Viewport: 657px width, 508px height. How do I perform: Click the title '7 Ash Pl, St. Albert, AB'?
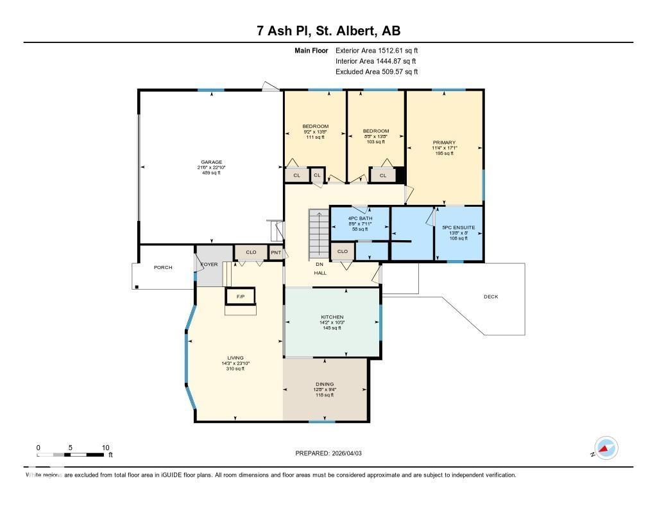point(328,31)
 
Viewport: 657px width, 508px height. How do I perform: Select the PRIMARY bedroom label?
point(444,143)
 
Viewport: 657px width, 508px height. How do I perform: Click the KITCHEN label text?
point(332,317)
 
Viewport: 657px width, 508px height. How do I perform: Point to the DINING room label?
point(324,384)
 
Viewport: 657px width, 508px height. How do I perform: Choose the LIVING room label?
point(235,358)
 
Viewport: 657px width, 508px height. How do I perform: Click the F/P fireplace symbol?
point(241,297)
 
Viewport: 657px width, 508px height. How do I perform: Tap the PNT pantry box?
point(275,253)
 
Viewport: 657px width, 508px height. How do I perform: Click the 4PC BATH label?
point(360,218)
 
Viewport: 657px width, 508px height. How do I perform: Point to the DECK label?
point(491,297)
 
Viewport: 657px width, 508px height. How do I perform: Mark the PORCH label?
point(163,267)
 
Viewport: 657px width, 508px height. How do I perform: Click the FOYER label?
point(209,265)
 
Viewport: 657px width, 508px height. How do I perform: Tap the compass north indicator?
point(605,448)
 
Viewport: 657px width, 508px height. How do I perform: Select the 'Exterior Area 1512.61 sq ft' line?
point(377,50)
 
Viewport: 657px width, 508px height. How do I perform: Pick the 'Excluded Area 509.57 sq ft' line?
point(377,72)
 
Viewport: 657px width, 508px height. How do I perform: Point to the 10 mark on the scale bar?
point(105,448)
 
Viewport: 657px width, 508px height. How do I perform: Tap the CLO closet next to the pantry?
point(251,253)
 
